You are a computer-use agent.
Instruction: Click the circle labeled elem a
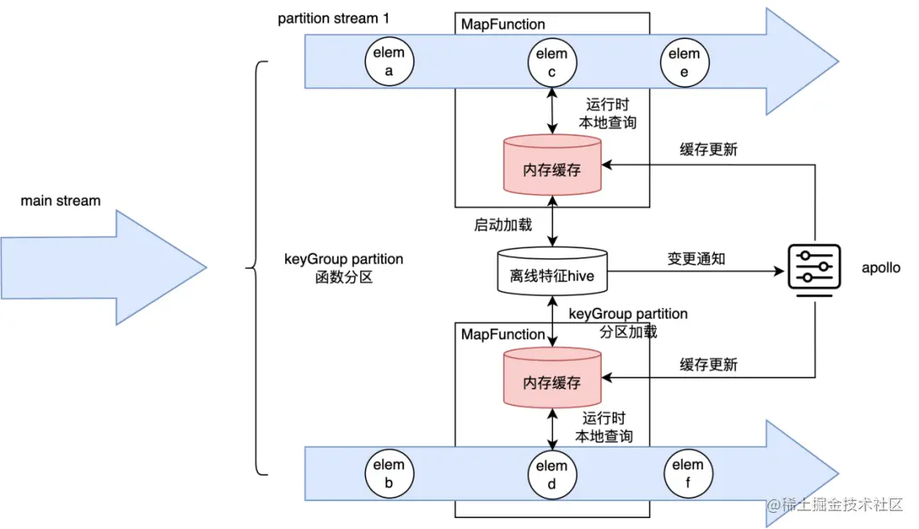pyautogui.click(x=389, y=62)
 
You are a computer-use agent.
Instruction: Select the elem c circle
pyautogui.click(x=552, y=62)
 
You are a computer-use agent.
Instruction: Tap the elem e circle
pyautogui.click(x=684, y=62)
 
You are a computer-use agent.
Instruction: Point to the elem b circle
pyautogui.click(x=389, y=474)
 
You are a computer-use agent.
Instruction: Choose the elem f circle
pyautogui.click(x=688, y=474)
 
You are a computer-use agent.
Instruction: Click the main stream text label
pyautogui.click(x=60, y=202)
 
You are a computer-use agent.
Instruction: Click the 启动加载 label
pyautogui.click(x=503, y=225)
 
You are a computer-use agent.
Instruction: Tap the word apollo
pyautogui.click(x=880, y=268)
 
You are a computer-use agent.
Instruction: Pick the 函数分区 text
pyautogui.click(x=344, y=277)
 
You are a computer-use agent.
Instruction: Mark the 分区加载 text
pyautogui.click(x=628, y=332)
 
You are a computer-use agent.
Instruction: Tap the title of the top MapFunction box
pyautogui.click(x=503, y=25)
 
